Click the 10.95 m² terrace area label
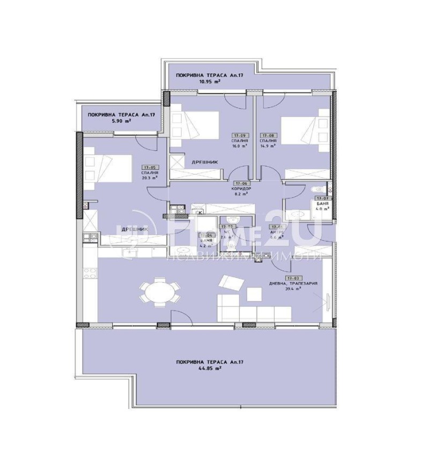click(x=184, y=82)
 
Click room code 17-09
click(x=239, y=136)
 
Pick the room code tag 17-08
click(x=268, y=136)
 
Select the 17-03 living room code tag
click(x=293, y=278)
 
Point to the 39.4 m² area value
click(x=292, y=289)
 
